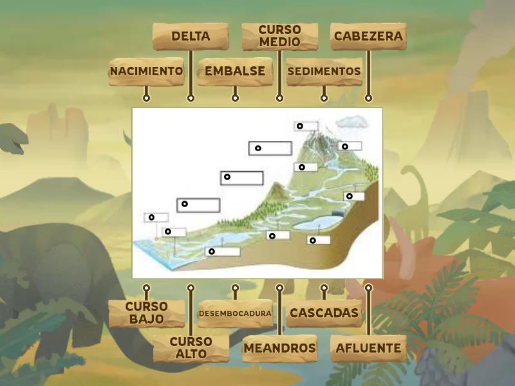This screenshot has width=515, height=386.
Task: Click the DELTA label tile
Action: [x=191, y=37]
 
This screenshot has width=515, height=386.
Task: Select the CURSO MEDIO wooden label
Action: [x=279, y=37]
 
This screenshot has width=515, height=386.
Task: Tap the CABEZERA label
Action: [x=368, y=37]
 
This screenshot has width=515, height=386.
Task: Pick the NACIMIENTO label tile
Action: [x=146, y=71]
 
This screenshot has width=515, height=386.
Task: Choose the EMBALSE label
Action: [x=235, y=71]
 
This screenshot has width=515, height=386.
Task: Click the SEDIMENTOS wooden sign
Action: [x=324, y=71]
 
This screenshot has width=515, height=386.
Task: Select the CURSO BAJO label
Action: [x=146, y=313]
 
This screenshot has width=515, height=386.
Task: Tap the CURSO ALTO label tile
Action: [x=191, y=347]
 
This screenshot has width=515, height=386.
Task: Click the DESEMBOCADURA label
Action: [x=235, y=313]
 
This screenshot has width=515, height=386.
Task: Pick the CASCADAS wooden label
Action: [x=324, y=313]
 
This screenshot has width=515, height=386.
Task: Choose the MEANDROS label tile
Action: [x=279, y=348]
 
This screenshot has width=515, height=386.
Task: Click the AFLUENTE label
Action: [x=368, y=348]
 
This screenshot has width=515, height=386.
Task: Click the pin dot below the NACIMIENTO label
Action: [x=146, y=98]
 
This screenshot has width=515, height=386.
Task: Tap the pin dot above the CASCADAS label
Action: [x=324, y=288]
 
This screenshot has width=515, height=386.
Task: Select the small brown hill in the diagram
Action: [x=276, y=191]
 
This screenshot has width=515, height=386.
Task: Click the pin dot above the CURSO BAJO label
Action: [x=146, y=288]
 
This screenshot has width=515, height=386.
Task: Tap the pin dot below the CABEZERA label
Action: [x=368, y=98]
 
